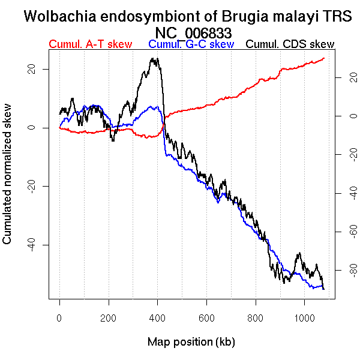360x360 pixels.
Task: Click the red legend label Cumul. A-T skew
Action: point(90,44)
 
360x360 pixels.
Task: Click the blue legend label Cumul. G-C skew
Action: point(191,44)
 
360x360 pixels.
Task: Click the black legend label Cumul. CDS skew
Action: point(290,44)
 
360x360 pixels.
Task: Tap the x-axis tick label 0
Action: point(59,319)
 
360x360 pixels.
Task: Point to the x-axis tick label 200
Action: point(109,319)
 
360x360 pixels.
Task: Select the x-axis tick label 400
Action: point(158,319)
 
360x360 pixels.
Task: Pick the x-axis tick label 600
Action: point(206,319)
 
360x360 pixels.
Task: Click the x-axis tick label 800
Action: point(256,319)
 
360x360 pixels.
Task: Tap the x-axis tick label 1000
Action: point(304,319)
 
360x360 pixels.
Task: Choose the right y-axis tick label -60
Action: point(342,232)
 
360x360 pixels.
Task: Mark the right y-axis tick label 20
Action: point(342,77)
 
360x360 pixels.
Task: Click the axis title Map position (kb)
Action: point(191,343)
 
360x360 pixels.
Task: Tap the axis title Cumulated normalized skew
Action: point(8,180)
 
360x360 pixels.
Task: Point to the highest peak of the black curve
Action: point(154,58)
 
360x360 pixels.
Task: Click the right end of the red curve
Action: point(324,58)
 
